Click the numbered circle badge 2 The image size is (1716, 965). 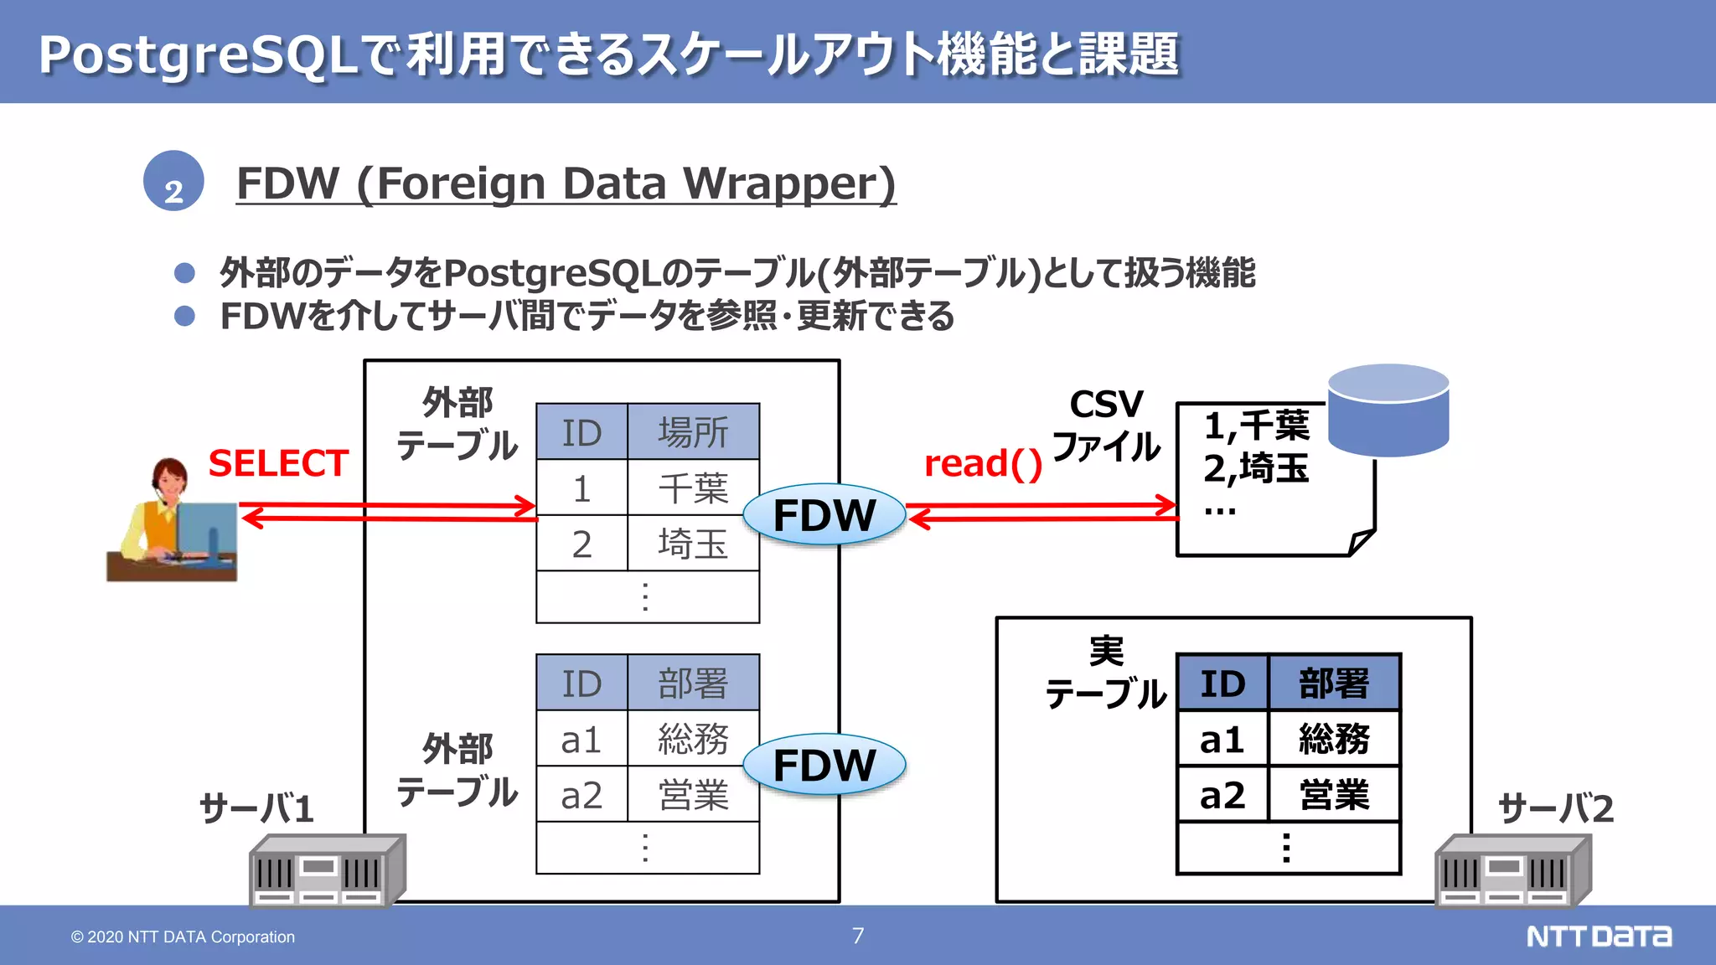click(173, 181)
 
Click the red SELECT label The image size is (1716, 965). click(278, 463)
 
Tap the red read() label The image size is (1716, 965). click(983, 464)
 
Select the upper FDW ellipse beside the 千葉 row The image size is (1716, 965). click(824, 514)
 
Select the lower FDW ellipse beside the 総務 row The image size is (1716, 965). click(824, 765)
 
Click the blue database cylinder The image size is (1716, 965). click(1388, 410)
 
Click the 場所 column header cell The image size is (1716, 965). click(693, 432)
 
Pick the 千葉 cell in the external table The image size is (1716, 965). click(693, 488)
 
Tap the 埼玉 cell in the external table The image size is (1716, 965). click(693, 544)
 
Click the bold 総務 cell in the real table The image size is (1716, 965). click(1334, 739)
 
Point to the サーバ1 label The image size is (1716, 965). click(256, 808)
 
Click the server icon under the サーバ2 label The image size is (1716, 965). click(1512, 871)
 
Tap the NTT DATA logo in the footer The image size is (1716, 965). click(1599, 936)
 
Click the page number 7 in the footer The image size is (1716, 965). click(858, 936)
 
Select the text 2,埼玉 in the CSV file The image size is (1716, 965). click(1256, 468)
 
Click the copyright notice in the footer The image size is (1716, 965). click(183, 937)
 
